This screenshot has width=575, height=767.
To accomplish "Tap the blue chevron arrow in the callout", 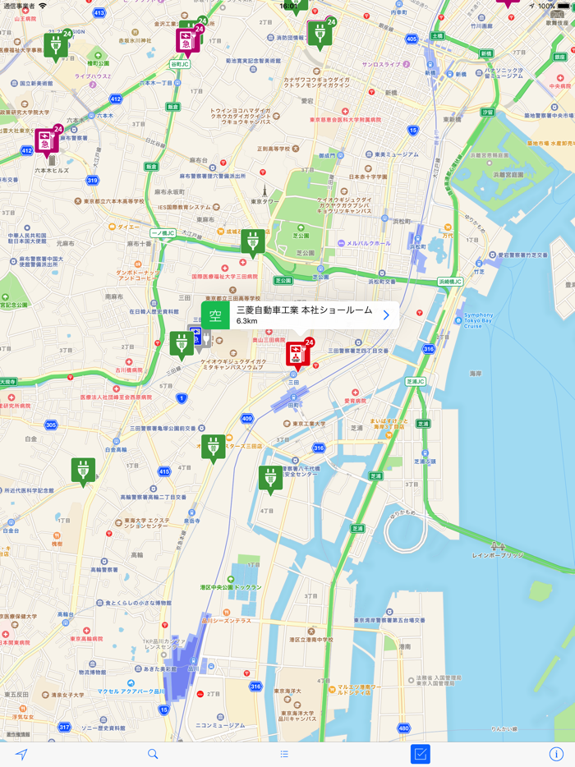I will coord(386,315).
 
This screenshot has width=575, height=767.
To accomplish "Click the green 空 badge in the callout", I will coord(216,315).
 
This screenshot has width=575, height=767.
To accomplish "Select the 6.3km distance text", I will coord(247,322).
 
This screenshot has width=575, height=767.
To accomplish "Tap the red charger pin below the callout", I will coord(296,353).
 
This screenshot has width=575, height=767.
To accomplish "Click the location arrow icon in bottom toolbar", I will coord(21,754).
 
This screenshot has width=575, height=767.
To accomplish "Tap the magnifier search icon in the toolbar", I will coord(153,754).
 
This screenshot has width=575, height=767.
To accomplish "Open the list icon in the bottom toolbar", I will coord(284,754).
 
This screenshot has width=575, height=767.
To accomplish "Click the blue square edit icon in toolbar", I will coord(421,754).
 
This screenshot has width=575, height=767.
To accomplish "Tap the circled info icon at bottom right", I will coord(556,754).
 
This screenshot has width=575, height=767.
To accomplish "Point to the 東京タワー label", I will coord(265,201).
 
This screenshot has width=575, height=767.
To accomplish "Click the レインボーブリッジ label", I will coord(497,556).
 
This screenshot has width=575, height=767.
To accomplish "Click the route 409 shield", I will coord(246,419).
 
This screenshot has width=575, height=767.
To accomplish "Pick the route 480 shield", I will coord(403,728).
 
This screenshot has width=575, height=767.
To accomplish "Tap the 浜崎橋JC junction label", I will coord(450,282).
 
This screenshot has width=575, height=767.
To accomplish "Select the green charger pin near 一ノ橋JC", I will coord(252,241).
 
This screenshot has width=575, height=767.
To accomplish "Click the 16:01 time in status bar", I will coord(289,6).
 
